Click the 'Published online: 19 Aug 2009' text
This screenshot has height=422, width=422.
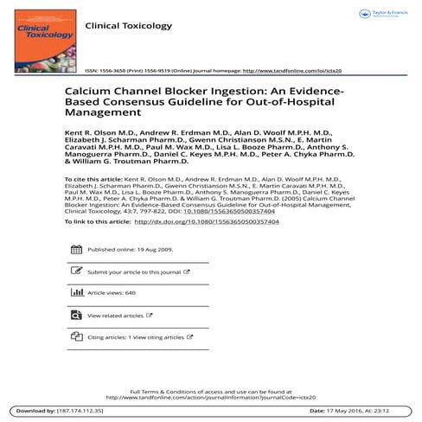click(x=131, y=248)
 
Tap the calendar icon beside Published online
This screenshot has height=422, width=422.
click(x=73, y=249)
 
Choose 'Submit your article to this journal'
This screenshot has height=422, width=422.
click(x=134, y=271)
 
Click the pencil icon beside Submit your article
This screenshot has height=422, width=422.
click(x=73, y=271)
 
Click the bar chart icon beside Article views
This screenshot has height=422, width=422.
click(x=73, y=293)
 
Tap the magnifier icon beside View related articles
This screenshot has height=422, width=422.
click(x=73, y=316)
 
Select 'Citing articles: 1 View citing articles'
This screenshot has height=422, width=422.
click(x=136, y=337)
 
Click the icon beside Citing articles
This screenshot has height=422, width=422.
click(x=73, y=337)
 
